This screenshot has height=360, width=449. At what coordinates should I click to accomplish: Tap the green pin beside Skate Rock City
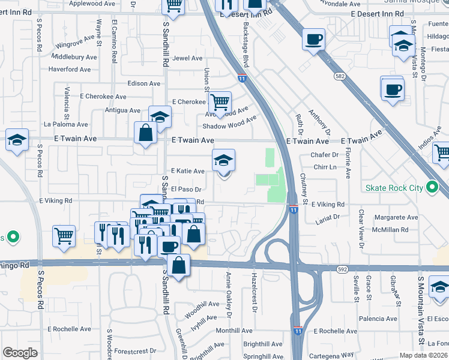point(431,188)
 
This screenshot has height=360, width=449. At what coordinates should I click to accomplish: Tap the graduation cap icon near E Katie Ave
point(224,160)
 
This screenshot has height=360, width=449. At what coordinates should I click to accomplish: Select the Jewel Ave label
point(188,58)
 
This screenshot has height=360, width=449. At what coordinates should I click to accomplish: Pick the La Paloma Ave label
point(66,125)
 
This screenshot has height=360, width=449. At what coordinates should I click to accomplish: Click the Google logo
point(20,353)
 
